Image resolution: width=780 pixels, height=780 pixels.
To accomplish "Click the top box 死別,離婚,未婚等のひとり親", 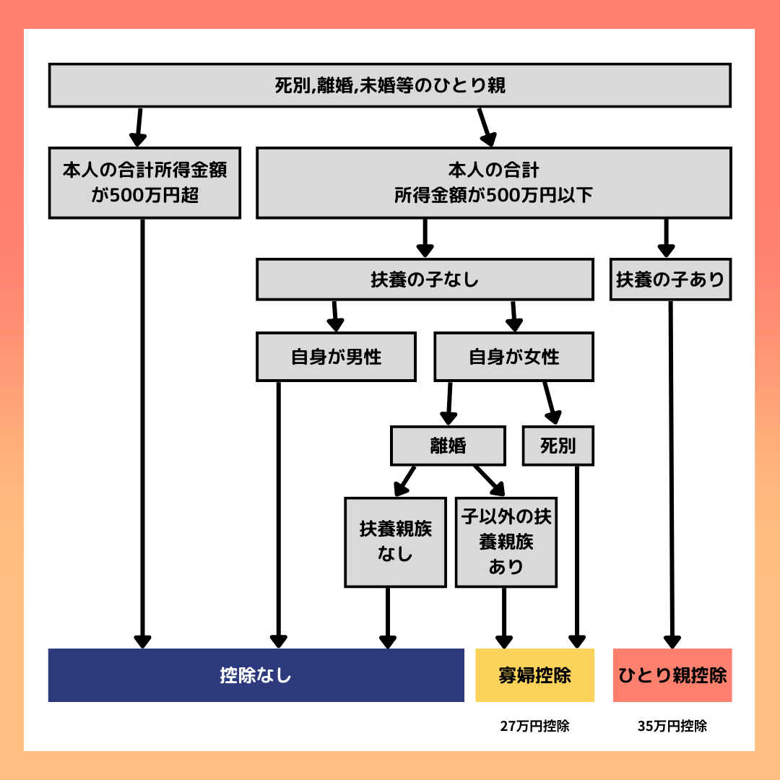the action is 389,85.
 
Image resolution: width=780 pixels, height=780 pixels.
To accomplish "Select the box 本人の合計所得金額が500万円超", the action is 144,183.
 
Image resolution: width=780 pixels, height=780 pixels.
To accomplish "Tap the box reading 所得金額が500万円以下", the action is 493,183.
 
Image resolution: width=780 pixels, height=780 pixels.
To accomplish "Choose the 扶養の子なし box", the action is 425,279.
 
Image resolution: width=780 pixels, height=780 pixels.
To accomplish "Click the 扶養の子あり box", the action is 670,279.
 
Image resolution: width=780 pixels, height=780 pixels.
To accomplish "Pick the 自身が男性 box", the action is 336,357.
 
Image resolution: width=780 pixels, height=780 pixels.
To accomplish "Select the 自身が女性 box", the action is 514,357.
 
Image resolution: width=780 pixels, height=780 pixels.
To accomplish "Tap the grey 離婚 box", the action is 448,445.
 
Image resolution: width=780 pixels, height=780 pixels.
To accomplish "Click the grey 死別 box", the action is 558,445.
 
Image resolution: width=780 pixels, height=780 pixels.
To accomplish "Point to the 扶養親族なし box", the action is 395,542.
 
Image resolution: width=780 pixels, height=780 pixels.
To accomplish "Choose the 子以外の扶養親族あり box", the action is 506,542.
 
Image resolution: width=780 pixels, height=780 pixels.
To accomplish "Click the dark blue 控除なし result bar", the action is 256,675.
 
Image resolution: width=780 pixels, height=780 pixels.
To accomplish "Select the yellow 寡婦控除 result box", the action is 534,675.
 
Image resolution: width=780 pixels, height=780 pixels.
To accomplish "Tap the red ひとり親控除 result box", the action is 672,675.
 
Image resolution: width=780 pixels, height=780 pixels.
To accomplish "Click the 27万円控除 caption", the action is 534,726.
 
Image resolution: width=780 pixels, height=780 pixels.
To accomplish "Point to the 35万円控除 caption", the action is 672,726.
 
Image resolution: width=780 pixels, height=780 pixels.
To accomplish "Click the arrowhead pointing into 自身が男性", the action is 336,325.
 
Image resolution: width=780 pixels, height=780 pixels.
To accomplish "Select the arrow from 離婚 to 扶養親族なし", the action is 404,481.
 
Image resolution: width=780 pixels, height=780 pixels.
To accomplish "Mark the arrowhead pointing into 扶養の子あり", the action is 666,251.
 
